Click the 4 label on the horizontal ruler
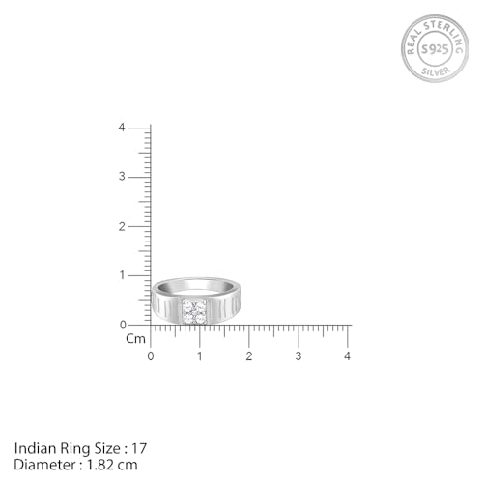click(x=348, y=356)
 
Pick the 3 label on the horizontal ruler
click(x=298, y=356)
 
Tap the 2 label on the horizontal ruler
click(x=249, y=356)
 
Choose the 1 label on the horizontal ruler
click(x=200, y=356)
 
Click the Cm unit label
click(x=135, y=339)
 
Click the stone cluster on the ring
click(x=194, y=311)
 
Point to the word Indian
click(x=34, y=447)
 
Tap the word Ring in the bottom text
click(x=71, y=447)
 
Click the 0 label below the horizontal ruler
click(x=151, y=356)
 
